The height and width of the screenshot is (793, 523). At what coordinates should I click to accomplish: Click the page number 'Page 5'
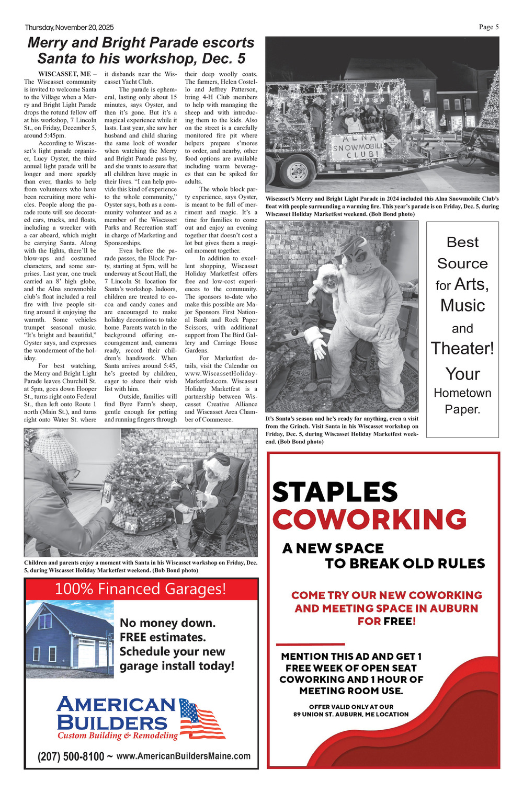click(488, 27)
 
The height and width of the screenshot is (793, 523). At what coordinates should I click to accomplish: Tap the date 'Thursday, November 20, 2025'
click(69, 28)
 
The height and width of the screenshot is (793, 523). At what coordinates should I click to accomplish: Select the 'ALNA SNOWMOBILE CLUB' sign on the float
click(358, 146)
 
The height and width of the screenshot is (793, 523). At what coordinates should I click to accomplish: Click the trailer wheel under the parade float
click(297, 170)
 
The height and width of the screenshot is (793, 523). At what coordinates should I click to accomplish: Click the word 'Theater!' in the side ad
click(462, 348)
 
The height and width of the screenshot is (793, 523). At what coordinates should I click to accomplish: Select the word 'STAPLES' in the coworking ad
click(335, 492)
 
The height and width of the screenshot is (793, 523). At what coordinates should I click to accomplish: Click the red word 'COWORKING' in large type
click(369, 520)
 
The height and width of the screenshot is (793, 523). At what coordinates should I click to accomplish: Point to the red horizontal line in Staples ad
click(310, 643)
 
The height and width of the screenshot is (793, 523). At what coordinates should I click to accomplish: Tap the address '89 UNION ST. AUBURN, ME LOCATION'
click(351, 714)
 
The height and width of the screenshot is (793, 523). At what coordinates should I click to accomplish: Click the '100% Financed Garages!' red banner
click(141, 589)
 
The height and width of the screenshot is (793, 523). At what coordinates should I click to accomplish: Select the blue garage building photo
click(69, 639)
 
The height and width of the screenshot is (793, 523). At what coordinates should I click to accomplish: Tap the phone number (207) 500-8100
click(71, 756)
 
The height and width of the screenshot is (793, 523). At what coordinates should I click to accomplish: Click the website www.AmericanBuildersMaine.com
click(183, 756)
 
